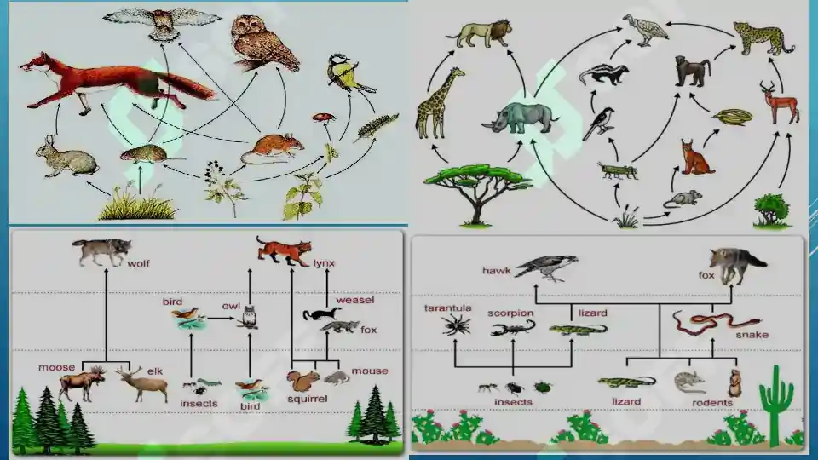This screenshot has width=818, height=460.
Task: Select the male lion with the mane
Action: pyautogui.click(x=480, y=33)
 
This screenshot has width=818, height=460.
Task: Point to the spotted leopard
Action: pyautogui.click(x=763, y=37)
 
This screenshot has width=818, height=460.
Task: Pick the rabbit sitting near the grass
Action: pyautogui.click(x=66, y=157)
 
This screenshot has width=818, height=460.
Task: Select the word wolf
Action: pyautogui.click(x=138, y=264)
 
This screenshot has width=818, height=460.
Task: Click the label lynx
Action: pyautogui.click(x=324, y=263)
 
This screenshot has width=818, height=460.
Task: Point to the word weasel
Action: pyautogui.click(x=355, y=300)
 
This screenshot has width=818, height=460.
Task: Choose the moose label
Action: pyautogui.click(x=56, y=367)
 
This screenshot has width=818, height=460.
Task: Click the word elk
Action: pyautogui.click(x=155, y=371)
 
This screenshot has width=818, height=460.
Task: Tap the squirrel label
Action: pyautogui.click(x=308, y=399)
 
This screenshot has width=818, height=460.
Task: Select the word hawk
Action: pyautogui.click(x=496, y=271)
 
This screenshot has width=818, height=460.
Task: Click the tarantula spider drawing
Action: pyautogui.click(x=457, y=325)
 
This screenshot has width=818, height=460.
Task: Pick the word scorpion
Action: pyautogui.click(x=510, y=313)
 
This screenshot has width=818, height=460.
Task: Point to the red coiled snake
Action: pyautogui.click(x=715, y=323)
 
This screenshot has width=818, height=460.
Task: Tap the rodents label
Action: pyautogui.click(x=712, y=403)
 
